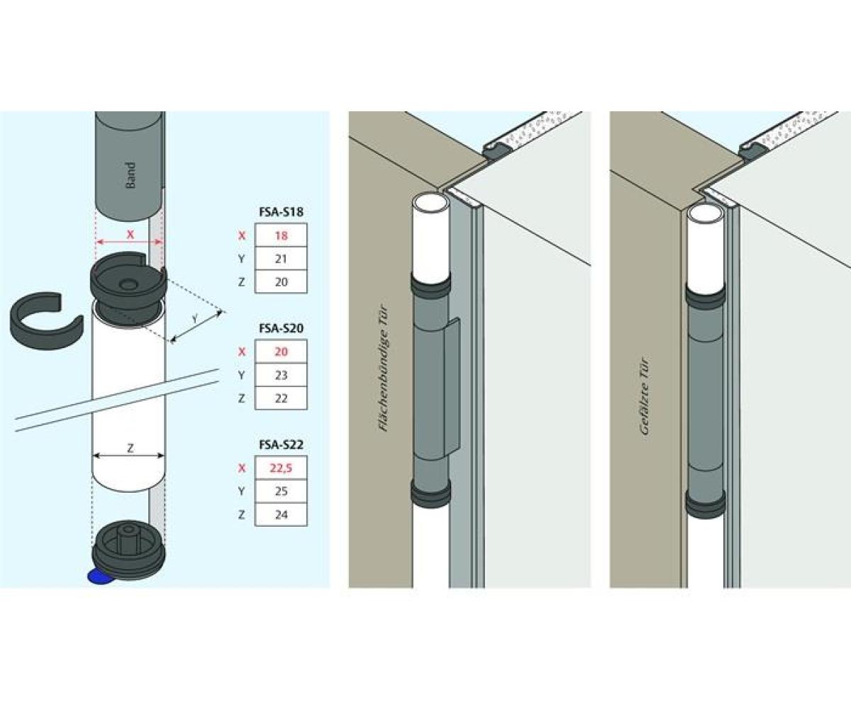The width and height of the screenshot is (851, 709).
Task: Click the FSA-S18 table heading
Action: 282,211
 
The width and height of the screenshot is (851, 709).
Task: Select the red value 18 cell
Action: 281,235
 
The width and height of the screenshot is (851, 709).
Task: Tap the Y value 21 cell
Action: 281,259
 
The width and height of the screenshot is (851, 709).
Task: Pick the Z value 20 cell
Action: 281,281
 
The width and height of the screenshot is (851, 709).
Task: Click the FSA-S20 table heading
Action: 282,328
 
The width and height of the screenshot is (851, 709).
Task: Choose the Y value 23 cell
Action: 281,375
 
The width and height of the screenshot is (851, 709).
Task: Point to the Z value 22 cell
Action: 281,398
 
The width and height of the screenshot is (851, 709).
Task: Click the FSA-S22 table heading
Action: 282,445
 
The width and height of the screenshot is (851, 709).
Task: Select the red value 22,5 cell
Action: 281,468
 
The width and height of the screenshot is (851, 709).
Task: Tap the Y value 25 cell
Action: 281,491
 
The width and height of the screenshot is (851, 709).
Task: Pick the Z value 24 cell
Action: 281,515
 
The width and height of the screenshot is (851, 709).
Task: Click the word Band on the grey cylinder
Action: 130,175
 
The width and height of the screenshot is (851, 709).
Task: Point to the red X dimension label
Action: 130,233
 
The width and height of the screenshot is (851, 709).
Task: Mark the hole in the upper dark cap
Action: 128,284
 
